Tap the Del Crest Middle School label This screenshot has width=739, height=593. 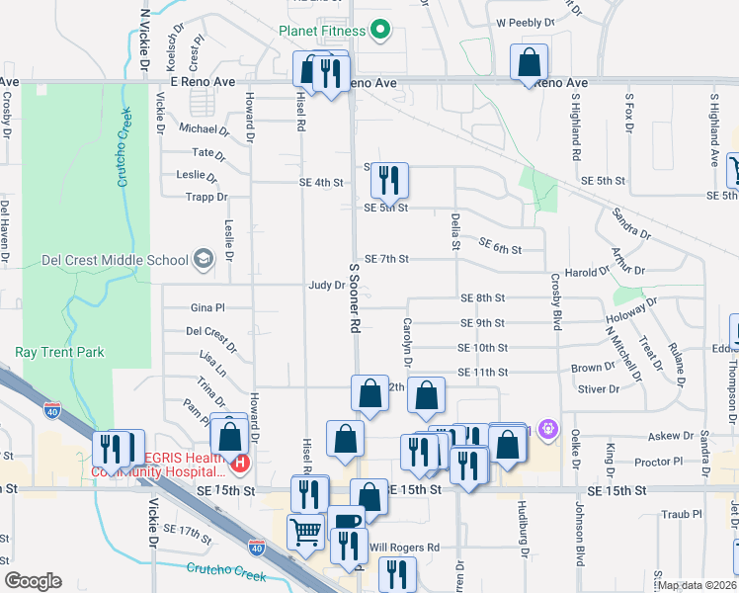pyautogui.click(x=114, y=261)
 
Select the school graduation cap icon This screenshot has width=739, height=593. pyautogui.click(x=204, y=260)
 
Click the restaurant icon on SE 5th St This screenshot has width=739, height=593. pyautogui.click(x=389, y=179)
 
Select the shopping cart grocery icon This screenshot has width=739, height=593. pyautogui.click(x=305, y=532)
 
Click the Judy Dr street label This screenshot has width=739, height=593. pyautogui.click(x=326, y=285)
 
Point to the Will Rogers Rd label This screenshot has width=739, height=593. pyautogui.click(x=403, y=547)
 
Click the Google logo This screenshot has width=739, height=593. pyautogui.click(x=33, y=581)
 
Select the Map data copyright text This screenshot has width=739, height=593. pyautogui.click(x=698, y=585)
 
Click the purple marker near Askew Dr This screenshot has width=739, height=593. pyautogui.click(x=549, y=431)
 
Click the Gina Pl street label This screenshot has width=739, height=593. pyautogui.click(x=207, y=308)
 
